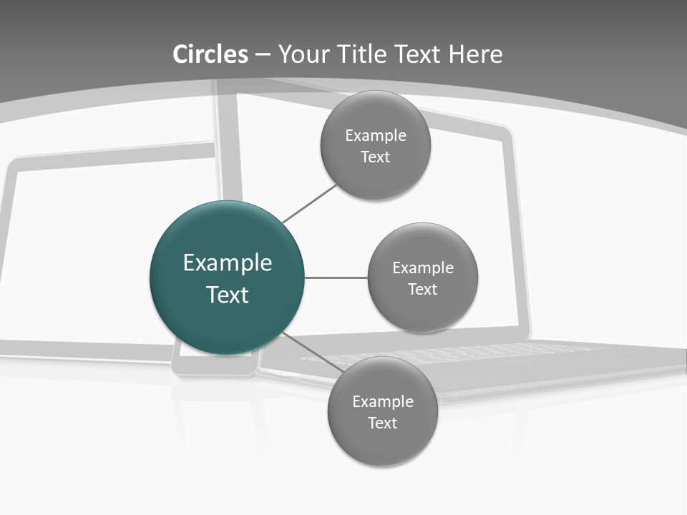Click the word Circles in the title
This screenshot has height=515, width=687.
(x=210, y=54)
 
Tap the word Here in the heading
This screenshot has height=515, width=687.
(x=475, y=54)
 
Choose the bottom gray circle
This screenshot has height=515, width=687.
(x=382, y=443)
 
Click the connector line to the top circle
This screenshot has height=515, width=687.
(x=309, y=203)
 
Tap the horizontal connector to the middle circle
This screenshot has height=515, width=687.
(x=336, y=278)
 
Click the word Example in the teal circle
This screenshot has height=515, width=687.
(x=228, y=263)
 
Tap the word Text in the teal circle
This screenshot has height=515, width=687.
(x=228, y=295)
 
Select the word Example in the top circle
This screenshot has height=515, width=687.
(x=376, y=135)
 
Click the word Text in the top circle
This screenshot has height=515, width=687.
(x=376, y=157)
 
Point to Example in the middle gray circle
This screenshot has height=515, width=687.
(x=423, y=268)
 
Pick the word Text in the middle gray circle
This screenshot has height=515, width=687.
(x=423, y=289)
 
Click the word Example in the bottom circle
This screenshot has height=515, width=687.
(x=383, y=401)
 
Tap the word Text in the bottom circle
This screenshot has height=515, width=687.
(x=383, y=423)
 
